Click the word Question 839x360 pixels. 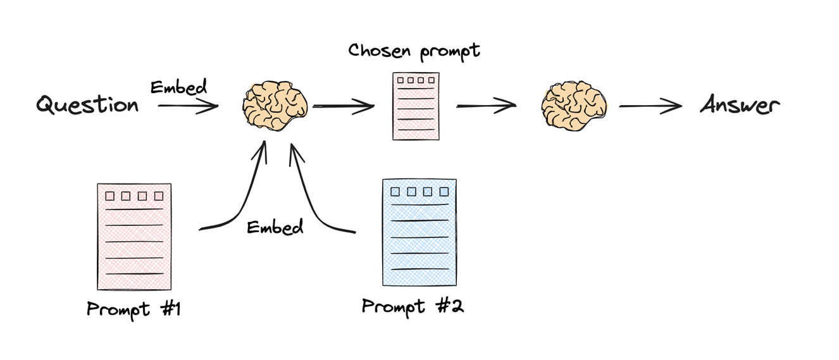coord(87,104)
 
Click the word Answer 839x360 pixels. coord(740,105)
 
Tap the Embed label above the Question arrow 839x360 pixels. coord(178,87)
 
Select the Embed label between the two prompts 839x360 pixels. coord(275,227)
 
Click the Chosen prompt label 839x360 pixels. coord(414,51)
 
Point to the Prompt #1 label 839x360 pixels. coord(134,309)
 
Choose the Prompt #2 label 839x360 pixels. coord(413,307)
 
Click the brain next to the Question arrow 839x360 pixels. coord(276,105)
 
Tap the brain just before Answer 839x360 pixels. coord(574,105)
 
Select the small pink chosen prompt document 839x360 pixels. coord(416,106)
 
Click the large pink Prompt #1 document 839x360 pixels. coord(134,237)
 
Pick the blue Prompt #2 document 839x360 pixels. coord(419,232)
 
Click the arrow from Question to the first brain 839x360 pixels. coord(188,106)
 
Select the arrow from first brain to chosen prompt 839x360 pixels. coord(344,107)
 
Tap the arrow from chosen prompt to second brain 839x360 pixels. coord(486,106)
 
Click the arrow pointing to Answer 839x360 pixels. coord(650,106)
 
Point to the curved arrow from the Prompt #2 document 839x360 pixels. coord(310,202)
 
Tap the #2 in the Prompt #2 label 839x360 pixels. coord(450,307)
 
